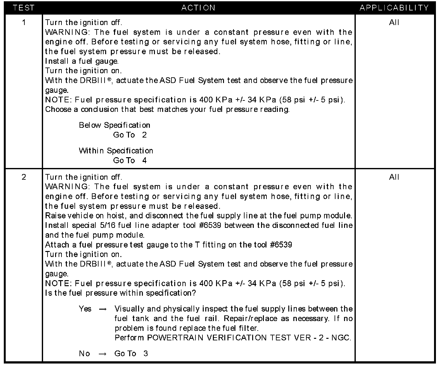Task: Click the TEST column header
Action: tap(23, 8)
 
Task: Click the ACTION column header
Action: tap(198, 8)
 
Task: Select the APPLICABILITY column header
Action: tap(394, 8)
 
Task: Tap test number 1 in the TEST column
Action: tap(24, 23)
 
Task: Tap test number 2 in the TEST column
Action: tap(24, 177)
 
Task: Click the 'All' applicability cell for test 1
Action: tap(394, 23)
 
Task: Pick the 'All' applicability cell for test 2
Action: tap(394, 177)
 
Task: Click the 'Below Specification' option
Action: tap(114, 125)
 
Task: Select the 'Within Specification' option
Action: tap(116, 151)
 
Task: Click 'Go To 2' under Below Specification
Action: tap(130, 135)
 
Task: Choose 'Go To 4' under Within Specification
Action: tap(130, 160)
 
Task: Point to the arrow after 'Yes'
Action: tap(103, 309)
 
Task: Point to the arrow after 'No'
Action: tap(102, 354)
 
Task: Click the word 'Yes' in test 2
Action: tap(85, 309)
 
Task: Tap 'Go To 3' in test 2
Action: tap(131, 354)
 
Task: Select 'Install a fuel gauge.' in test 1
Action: tap(82, 61)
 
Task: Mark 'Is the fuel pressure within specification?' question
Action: tap(121, 293)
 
